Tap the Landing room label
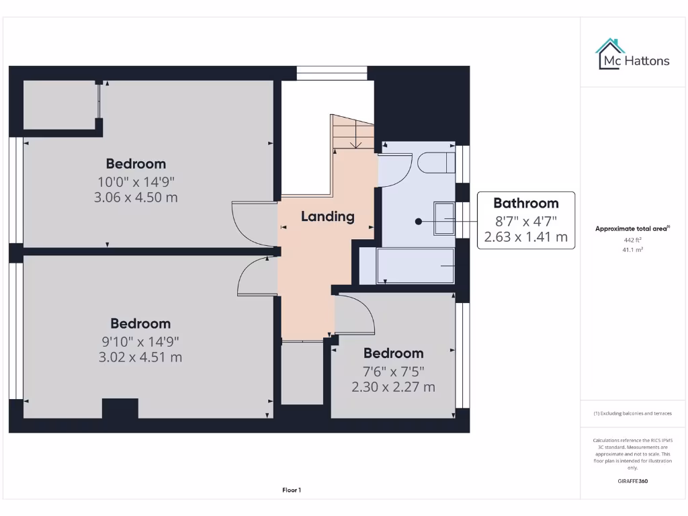click(x=327, y=216)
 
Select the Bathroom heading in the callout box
click(x=525, y=203)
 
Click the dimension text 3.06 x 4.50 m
click(x=136, y=197)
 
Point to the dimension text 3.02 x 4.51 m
click(x=140, y=357)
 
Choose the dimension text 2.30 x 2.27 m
click(x=393, y=386)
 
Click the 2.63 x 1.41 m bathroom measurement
click(x=525, y=236)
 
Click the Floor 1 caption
click(x=292, y=490)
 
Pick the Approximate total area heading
click(x=632, y=228)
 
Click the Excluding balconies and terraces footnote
click(x=632, y=413)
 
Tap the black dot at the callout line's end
click(x=418, y=220)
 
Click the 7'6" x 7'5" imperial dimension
click(x=393, y=371)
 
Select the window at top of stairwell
click(x=332, y=73)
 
